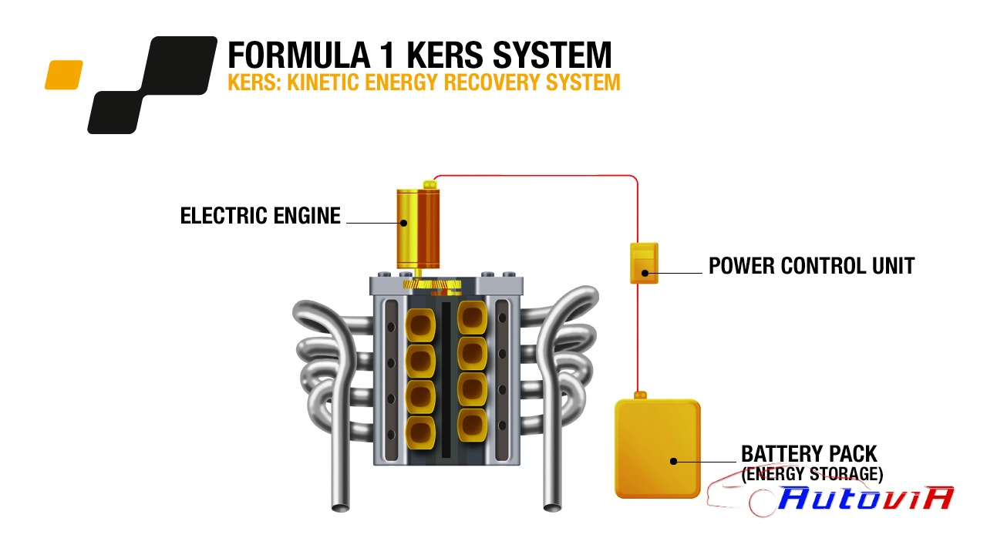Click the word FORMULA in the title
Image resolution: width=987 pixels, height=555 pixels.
(298, 55)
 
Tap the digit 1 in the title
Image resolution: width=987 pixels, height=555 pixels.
(387, 55)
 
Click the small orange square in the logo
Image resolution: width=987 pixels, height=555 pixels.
(64, 75)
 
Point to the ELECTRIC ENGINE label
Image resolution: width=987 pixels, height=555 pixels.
(261, 216)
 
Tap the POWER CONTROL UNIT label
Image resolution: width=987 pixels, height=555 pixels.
(812, 266)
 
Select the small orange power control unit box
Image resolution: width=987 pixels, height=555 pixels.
(644, 263)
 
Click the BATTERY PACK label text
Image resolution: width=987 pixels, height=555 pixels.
(809, 454)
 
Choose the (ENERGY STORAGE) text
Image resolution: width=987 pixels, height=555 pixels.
(812, 474)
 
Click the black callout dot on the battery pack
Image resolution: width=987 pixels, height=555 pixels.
(673, 461)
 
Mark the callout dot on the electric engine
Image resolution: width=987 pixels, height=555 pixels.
(403, 223)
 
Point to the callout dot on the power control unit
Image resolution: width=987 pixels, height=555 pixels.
(645, 273)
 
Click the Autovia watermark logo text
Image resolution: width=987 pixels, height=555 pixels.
(866, 498)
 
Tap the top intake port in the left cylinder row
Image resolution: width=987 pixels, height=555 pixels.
(420, 325)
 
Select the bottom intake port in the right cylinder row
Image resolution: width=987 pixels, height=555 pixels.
(473, 425)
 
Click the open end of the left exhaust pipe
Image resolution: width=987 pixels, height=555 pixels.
(340, 508)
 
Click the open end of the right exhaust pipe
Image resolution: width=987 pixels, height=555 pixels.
(553, 507)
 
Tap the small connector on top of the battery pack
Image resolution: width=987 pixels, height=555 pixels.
(640, 395)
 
